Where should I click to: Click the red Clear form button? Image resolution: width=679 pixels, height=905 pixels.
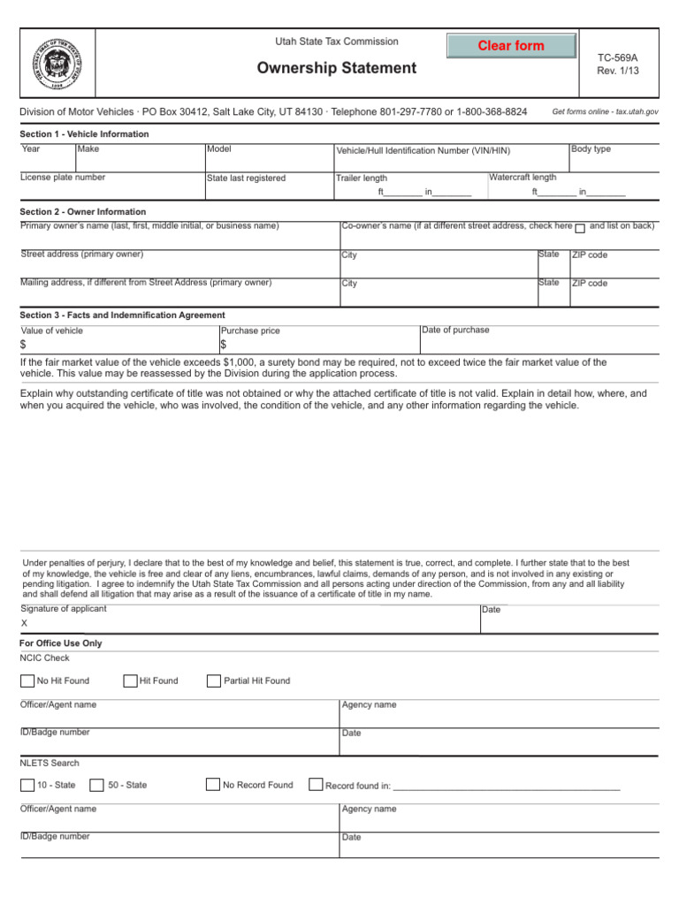(511, 46)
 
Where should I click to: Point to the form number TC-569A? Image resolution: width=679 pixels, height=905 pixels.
(617, 57)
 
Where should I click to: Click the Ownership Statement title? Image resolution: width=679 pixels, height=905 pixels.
(336, 68)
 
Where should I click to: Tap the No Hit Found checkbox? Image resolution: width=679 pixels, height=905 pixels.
(27, 681)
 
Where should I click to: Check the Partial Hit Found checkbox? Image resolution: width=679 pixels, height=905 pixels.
(213, 681)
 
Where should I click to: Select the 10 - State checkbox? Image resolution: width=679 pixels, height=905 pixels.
(27, 785)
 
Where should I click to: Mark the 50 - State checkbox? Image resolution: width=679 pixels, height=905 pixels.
(97, 785)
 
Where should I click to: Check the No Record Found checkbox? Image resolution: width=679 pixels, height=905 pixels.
(212, 785)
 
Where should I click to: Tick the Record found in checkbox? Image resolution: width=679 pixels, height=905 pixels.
(316, 785)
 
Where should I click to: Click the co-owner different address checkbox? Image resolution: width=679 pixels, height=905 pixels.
(580, 228)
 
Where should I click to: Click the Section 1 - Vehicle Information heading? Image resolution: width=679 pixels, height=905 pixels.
(84, 134)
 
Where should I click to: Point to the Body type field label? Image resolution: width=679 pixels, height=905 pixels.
(591, 149)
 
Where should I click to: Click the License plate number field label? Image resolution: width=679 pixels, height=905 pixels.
(63, 178)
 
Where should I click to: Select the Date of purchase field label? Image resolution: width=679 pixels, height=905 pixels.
(455, 331)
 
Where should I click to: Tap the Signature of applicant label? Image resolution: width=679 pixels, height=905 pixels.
(63, 609)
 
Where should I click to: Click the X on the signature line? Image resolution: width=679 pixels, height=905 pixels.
(24, 623)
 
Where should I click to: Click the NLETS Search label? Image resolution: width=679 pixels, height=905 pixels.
(50, 763)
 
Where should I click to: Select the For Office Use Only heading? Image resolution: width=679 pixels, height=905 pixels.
(60, 643)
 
